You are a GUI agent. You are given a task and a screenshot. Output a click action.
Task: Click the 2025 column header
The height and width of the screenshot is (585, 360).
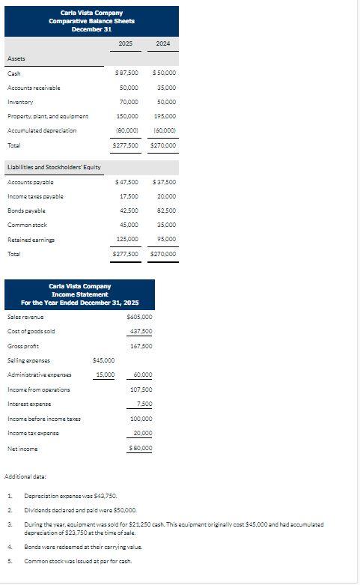pyautogui.click(x=126, y=45)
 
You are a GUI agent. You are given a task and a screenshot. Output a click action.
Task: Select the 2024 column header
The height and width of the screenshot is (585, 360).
pyautogui.click(x=163, y=45)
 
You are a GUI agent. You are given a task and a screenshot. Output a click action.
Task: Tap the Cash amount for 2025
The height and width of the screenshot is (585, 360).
pyautogui.click(x=126, y=73)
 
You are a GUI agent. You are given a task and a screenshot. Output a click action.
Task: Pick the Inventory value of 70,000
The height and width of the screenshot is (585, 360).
pyautogui.click(x=129, y=102)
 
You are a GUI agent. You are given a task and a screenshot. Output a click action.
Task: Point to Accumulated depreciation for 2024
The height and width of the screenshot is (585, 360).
pyautogui.click(x=165, y=130)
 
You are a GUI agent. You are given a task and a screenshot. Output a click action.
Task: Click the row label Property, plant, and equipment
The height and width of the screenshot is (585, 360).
pyautogui.click(x=48, y=116)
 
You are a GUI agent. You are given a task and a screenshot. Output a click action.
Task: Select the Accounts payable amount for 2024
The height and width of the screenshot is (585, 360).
pyautogui.click(x=164, y=183)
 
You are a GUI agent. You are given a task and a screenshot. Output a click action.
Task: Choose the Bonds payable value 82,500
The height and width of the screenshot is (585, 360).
pyautogui.click(x=165, y=211)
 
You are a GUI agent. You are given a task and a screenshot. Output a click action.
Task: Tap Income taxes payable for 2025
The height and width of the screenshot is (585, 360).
pyautogui.click(x=129, y=197)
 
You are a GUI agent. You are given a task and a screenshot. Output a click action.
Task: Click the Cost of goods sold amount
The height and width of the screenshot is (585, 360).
pyautogui.click(x=141, y=332)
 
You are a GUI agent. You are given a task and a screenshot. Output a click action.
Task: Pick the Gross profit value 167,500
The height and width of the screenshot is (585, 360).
pyautogui.click(x=141, y=346)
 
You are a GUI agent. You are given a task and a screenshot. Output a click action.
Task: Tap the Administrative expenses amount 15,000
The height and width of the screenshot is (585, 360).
pyautogui.click(x=105, y=375)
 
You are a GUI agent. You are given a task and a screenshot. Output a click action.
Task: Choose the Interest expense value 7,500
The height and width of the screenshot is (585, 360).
pyautogui.click(x=143, y=404)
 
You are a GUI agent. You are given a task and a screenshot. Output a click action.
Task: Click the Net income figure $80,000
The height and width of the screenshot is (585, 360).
pyautogui.click(x=140, y=448)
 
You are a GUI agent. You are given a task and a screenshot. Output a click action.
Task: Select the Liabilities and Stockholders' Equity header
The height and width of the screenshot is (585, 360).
pyautogui.click(x=54, y=167)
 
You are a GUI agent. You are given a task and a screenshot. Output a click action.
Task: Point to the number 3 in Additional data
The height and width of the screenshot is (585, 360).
pyautogui.click(x=10, y=525)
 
